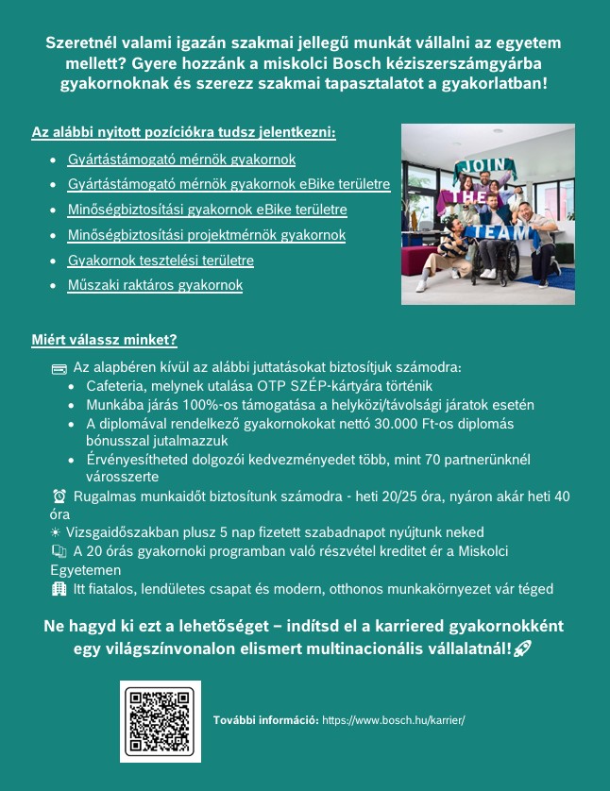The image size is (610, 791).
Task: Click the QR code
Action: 161,720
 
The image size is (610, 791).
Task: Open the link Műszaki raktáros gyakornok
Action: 155,285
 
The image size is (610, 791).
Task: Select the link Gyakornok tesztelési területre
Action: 161,260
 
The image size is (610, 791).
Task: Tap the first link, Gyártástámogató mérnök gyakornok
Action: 181,160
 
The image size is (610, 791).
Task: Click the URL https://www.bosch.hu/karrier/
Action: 394,719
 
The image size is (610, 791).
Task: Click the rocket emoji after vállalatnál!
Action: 520,649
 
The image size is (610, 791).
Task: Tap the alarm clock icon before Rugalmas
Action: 59,496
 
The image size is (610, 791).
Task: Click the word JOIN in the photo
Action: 480,167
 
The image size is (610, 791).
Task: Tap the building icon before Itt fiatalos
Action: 59,588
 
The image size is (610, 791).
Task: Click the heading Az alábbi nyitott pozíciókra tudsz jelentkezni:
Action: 183,131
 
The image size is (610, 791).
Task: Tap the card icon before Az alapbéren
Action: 59,367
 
